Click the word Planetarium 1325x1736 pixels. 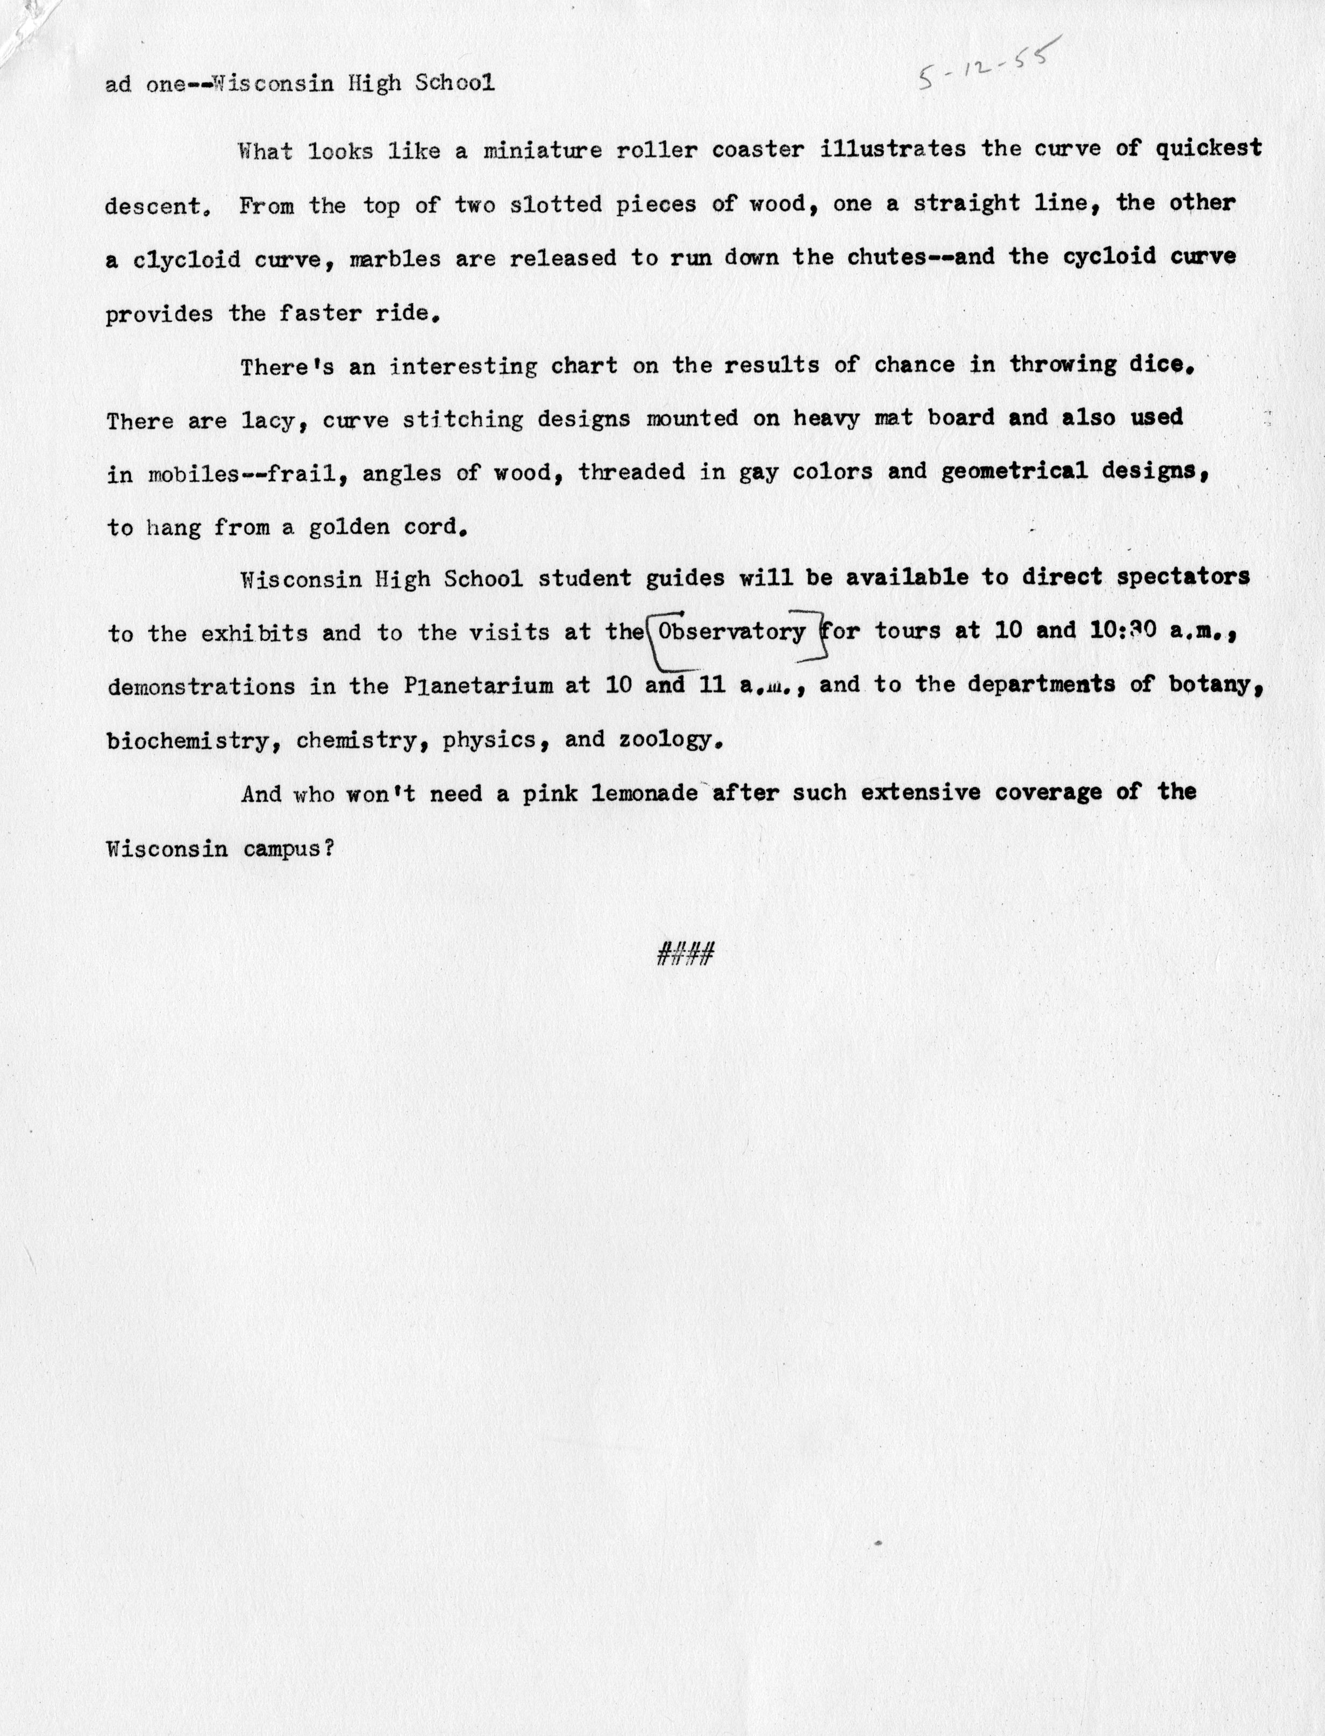(x=478, y=685)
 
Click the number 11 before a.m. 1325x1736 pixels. (x=711, y=685)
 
